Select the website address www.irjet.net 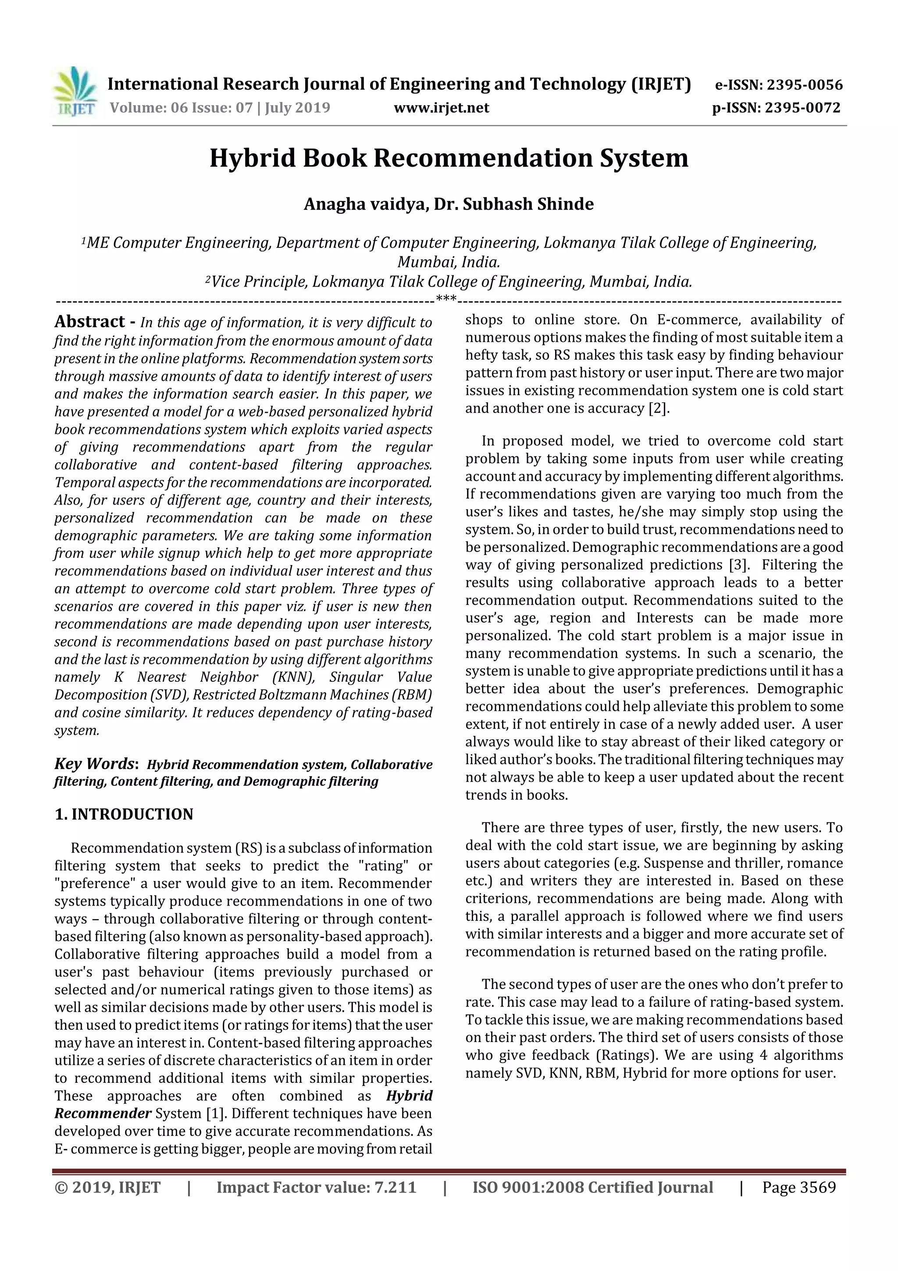[x=441, y=108]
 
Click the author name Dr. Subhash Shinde [x=513, y=204]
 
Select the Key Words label [x=95, y=764]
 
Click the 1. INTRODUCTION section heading [x=124, y=814]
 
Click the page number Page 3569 [x=798, y=1187]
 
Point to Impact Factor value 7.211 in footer [x=316, y=1187]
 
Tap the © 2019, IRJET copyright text [x=107, y=1187]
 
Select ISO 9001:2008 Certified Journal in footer [x=592, y=1187]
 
